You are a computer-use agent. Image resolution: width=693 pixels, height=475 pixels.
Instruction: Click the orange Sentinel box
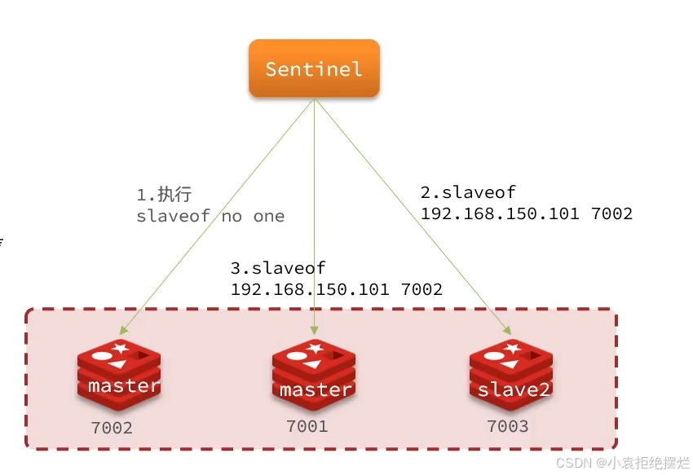point(314,68)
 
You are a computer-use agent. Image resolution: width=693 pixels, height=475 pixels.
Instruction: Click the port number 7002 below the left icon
point(112,428)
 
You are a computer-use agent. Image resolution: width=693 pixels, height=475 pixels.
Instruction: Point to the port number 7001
point(307,426)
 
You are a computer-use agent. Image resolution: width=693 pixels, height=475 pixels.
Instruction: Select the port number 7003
point(507,426)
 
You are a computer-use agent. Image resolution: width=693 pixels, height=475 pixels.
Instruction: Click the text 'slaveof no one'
point(210,216)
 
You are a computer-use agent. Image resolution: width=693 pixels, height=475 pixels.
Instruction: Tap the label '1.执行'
point(163,196)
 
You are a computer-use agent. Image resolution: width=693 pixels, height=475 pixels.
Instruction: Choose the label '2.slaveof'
point(468,193)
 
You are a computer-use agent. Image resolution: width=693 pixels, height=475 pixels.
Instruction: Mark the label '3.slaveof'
point(278,268)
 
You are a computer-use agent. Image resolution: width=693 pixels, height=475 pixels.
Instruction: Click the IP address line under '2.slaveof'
point(526,213)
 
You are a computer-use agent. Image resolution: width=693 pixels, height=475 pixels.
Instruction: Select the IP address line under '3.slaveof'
point(337,289)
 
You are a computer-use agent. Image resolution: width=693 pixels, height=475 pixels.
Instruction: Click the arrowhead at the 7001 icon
point(314,331)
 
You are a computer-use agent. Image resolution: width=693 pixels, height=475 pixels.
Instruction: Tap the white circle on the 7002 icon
point(102,356)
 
